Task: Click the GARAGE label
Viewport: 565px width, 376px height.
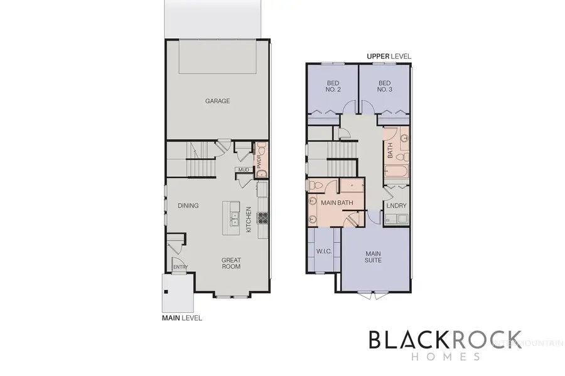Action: point(218,100)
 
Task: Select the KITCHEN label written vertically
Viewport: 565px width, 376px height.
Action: point(249,219)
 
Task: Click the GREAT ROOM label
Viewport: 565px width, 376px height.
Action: point(232,263)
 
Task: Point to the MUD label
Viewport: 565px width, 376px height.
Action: point(243,169)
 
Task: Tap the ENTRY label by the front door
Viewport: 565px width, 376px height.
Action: point(180,268)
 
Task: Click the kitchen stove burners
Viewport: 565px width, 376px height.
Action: point(263,219)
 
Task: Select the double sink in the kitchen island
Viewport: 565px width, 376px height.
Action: point(234,218)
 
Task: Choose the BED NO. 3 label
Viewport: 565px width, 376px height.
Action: point(385,86)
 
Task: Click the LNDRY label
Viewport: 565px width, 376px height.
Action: point(397,206)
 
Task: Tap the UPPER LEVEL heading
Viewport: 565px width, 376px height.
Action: point(389,56)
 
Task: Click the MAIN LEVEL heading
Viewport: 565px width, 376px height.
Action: point(182,318)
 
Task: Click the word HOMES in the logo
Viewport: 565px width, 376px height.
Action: point(444,356)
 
